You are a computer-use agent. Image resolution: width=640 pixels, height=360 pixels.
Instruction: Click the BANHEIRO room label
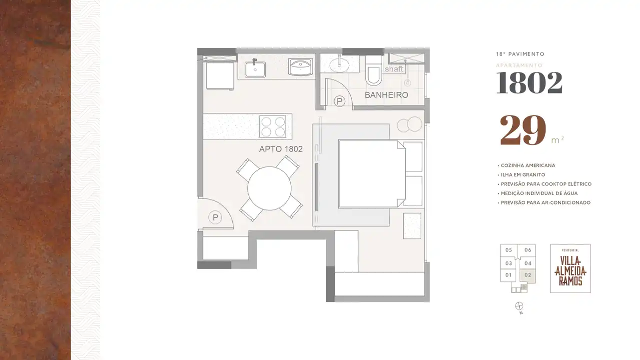[386, 95]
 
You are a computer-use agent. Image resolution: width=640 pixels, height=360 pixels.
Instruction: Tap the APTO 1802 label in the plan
[281, 149]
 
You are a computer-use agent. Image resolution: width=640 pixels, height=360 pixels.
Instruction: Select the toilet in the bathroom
[373, 70]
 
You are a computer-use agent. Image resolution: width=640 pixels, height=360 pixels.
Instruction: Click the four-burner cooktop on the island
[273, 126]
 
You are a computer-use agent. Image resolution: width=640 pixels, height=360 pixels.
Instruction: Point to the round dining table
[269, 188]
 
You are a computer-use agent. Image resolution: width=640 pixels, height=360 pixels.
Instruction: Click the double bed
[372, 174]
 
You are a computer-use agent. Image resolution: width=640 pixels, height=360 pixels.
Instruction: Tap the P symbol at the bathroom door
[339, 101]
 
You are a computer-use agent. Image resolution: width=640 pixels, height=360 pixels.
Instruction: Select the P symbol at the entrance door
[215, 217]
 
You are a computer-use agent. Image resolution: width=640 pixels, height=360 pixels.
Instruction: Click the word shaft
[394, 69]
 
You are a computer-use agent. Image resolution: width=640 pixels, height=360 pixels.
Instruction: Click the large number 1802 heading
[529, 82]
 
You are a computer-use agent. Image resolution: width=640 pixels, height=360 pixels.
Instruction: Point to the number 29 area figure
[523, 130]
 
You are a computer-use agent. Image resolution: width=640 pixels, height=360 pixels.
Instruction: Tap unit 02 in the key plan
[528, 275]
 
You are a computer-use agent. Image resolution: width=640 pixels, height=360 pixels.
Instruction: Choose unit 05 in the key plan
[509, 250]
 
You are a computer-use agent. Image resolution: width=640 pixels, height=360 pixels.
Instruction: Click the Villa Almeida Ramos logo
[570, 268]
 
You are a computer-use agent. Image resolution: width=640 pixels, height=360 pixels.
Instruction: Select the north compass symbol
[519, 306]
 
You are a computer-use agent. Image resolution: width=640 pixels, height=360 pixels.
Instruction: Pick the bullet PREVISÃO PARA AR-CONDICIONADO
[544, 202]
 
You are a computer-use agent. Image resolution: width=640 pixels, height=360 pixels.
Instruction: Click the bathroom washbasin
[339, 65]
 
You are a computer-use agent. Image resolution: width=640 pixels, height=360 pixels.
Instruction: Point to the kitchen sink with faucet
[255, 68]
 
